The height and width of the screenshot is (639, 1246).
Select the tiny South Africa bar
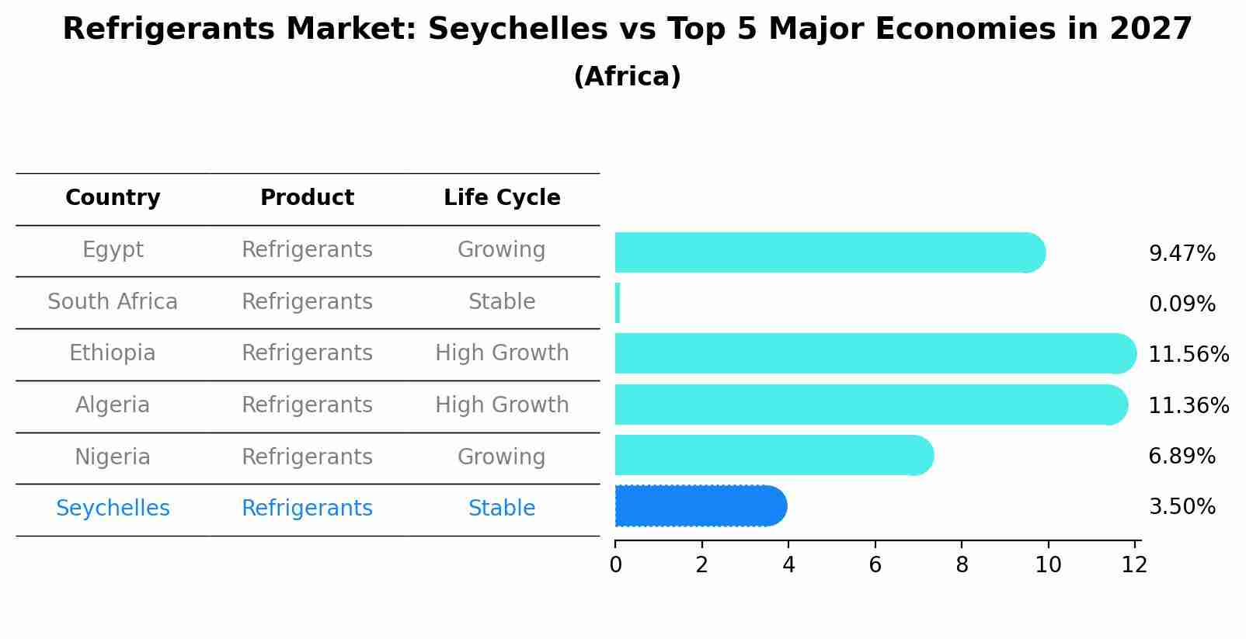(x=618, y=303)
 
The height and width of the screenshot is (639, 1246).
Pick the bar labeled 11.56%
(x=875, y=354)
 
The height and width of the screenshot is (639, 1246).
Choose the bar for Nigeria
(x=774, y=455)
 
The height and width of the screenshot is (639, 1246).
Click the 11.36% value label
(x=1188, y=405)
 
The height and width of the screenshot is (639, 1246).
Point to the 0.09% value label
(x=1182, y=304)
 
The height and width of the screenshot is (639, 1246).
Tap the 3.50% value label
(x=1182, y=507)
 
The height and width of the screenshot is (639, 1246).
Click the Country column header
(x=113, y=198)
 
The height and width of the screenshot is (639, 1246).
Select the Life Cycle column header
(x=502, y=198)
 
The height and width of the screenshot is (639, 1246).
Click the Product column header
(x=307, y=198)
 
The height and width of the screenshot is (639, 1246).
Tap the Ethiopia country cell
(x=113, y=353)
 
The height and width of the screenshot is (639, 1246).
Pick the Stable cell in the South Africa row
(x=502, y=302)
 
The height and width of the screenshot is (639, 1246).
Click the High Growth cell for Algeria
(x=502, y=405)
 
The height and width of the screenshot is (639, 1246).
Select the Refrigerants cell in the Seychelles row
(x=307, y=509)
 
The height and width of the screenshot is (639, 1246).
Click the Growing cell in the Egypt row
(x=502, y=250)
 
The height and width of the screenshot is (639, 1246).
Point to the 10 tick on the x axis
(x=1048, y=565)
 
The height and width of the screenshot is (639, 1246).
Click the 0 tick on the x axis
(x=616, y=565)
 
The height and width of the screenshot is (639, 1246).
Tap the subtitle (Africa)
(x=627, y=77)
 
